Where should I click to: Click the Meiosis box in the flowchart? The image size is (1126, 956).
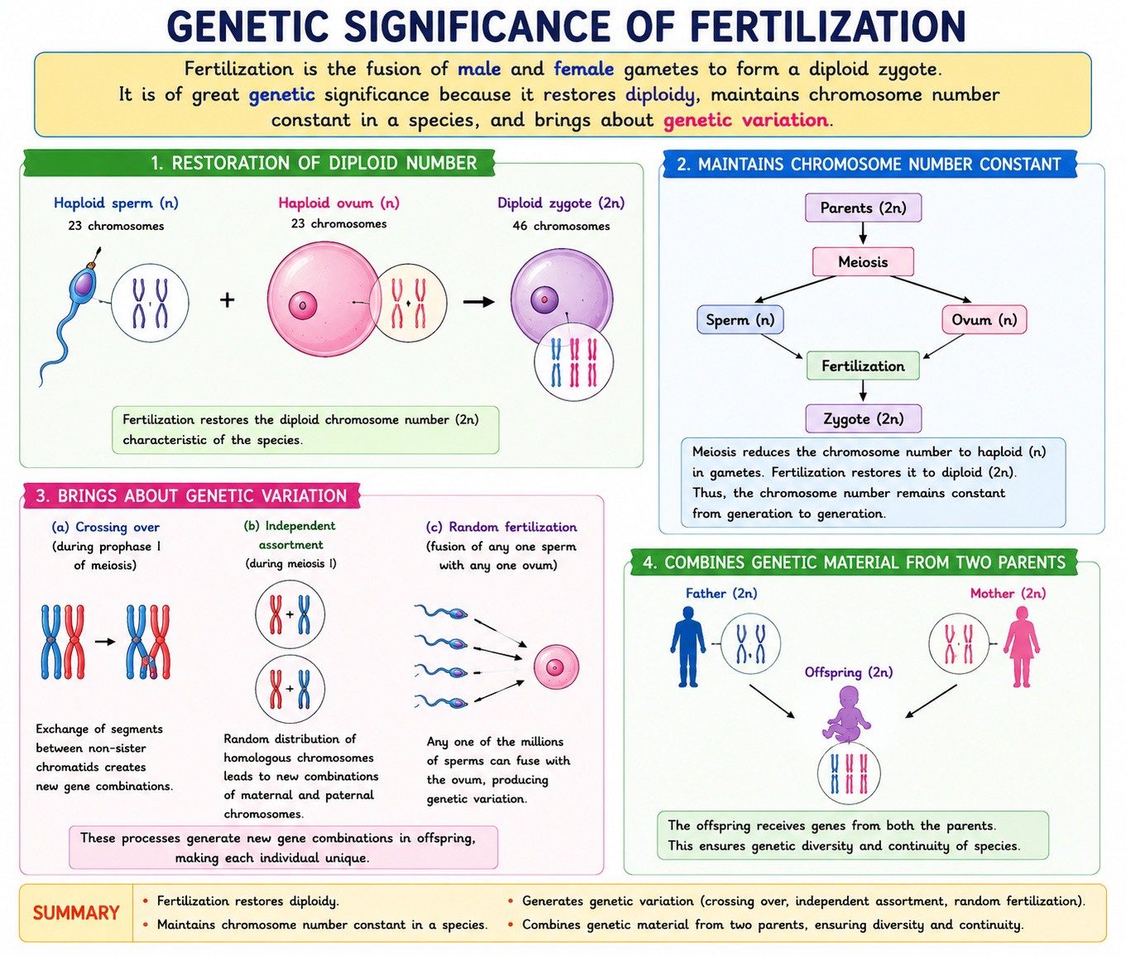(x=863, y=262)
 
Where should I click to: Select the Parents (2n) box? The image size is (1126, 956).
(x=864, y=208)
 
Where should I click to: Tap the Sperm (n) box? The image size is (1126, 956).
(x=740, y=319)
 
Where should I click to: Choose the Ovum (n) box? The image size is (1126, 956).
(x=985, y=319)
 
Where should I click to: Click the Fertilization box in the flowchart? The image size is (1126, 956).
(x=863, y=366)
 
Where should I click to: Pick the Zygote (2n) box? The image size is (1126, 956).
(x=864, y=418)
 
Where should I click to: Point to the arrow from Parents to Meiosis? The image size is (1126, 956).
(x=863, y=233)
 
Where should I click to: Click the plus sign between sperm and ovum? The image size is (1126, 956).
(x=228, y=300)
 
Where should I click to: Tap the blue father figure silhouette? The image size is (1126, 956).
(x=688, y=647)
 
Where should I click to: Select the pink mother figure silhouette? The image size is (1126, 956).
(x=1022, y=647)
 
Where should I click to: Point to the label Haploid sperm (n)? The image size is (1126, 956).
(x=116, y=203)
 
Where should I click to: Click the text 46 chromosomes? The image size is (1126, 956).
(x=561, y=226)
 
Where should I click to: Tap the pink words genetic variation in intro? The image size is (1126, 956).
(x=745, y=120)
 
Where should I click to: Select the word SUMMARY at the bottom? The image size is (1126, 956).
(x=76, y=912)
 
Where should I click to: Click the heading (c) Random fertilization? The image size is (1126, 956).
(x=501, y=527)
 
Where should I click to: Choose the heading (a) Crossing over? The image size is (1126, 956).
(x=106, y=527)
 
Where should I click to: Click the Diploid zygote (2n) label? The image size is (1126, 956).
(x=561, y=203)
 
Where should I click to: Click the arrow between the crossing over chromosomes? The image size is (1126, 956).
(x=105, y=642)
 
